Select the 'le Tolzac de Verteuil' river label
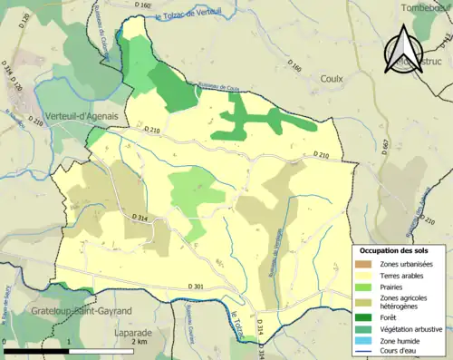[198, 16]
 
